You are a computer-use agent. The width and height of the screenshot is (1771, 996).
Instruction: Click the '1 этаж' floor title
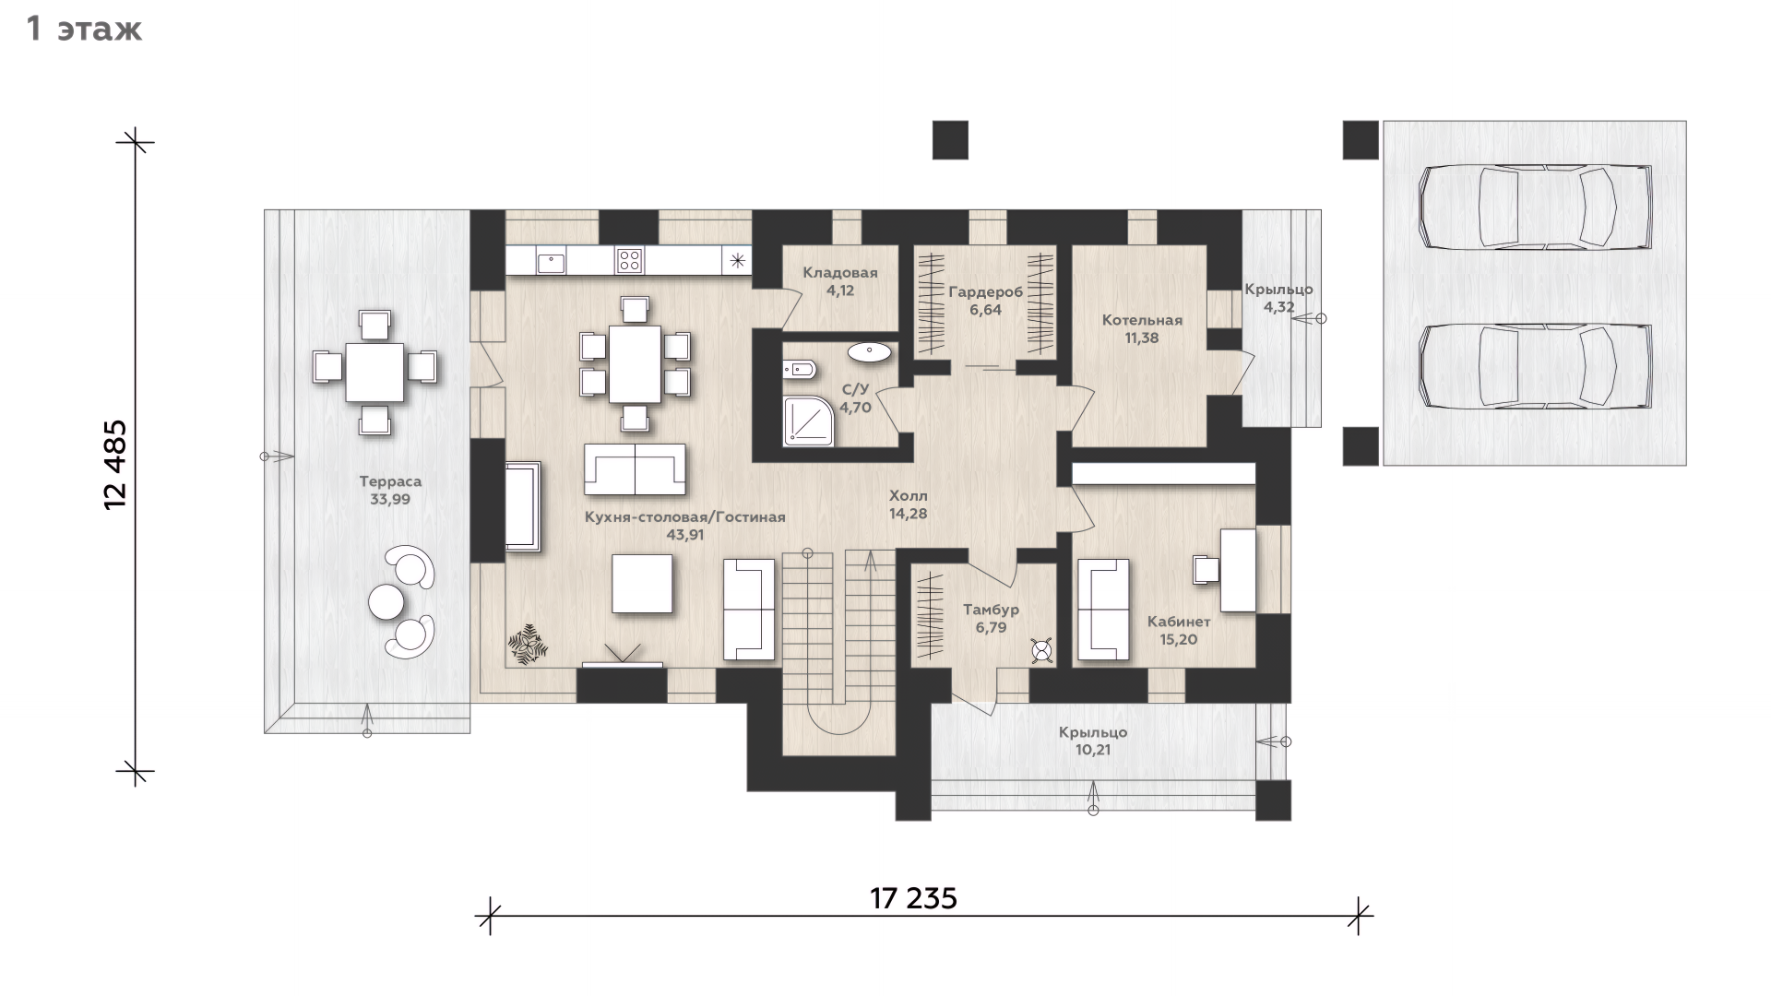84,30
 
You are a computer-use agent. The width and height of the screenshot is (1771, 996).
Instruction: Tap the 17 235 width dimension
913,897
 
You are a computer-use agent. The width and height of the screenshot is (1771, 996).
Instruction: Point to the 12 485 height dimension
116,465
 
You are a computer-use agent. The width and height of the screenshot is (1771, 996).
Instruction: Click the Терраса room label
390,481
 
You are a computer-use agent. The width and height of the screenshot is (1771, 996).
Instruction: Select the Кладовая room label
839,273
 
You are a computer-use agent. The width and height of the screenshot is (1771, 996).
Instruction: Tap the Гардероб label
985,293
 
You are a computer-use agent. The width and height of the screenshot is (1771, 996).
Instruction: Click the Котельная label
1142,321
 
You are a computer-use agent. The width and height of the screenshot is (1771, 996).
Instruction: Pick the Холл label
908,496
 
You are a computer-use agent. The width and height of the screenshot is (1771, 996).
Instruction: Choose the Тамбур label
991,610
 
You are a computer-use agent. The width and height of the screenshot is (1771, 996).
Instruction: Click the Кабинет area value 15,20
1179,639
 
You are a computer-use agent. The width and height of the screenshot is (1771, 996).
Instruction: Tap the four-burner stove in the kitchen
630,260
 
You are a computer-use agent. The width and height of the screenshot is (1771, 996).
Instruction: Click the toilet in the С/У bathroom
800,370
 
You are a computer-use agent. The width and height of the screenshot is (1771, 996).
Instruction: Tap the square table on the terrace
374,373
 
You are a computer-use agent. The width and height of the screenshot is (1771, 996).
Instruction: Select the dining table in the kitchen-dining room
635,363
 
